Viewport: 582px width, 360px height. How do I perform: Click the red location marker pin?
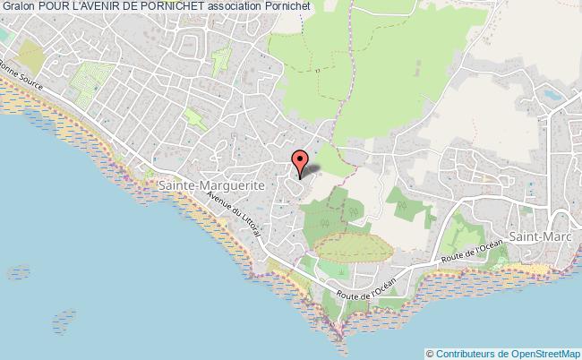(301, 162)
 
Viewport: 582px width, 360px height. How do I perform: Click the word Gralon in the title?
(18, 6)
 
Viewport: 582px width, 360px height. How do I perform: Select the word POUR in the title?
(53, 6)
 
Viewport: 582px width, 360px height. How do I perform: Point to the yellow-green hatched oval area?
(352, 244)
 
